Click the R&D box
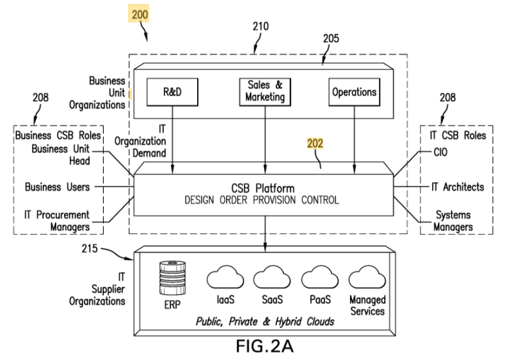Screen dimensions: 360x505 [172, 91]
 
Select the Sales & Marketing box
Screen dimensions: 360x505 [264, 91]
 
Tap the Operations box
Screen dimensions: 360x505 [354, 91]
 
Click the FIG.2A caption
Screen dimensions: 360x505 [263, 345]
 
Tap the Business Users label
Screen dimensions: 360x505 [57, 187]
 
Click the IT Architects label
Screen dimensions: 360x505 [457, 187]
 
